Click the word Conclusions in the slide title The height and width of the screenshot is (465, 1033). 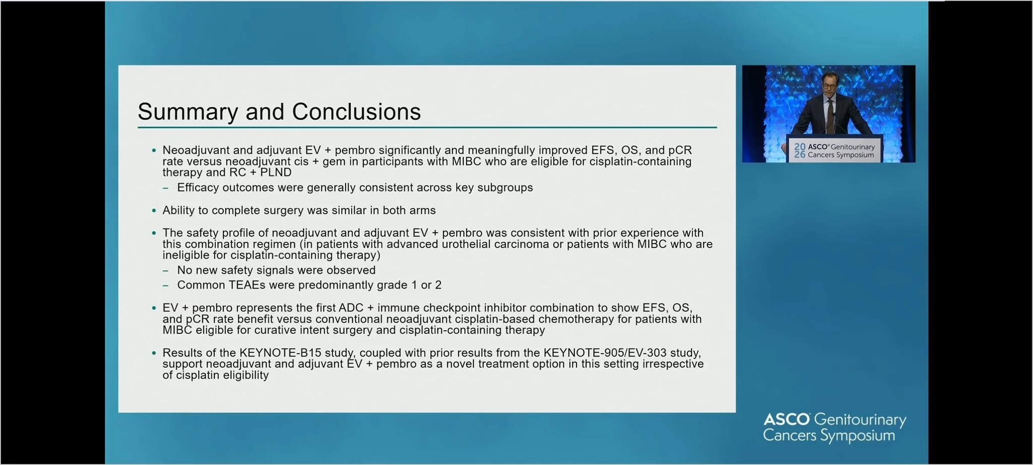(x=356, y=111)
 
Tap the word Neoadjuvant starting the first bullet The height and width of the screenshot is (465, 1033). (x=196, y=150)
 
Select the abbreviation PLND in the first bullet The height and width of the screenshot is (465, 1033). (x=275, y=172)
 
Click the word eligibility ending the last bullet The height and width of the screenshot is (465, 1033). (x=246, y=375)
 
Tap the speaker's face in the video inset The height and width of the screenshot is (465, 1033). (x=829, y=84)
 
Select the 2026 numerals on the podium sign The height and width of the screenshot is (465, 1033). (x=799, y=150)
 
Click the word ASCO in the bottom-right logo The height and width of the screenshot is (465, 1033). (x=786, y=419)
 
